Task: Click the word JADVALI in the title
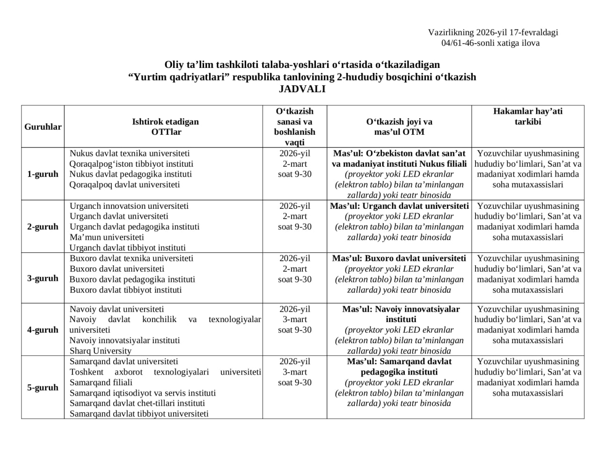tap(302, 89)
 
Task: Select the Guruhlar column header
tap(43, 127)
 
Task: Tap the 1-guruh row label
tap(43, 174)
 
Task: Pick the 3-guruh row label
tap(43, 279)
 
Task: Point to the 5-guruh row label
tap(43, 388)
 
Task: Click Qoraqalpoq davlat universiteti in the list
tap(124, 184)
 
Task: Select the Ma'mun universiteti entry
tap(107, 237)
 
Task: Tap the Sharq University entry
tap(100, 351)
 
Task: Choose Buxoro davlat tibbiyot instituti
tap(125, 290)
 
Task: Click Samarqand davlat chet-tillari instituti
tap(137, 403)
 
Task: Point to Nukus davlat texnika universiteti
tap(130, 153)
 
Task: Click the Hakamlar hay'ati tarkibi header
tap(527, 117)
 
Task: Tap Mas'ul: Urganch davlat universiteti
tap(399, 206)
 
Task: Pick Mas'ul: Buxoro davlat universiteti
tap(399, 258)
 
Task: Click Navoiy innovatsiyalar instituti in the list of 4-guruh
tap(124, 340)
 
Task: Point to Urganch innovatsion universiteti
tap(129, 206)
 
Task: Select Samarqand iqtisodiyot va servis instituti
tap(143, 393)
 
